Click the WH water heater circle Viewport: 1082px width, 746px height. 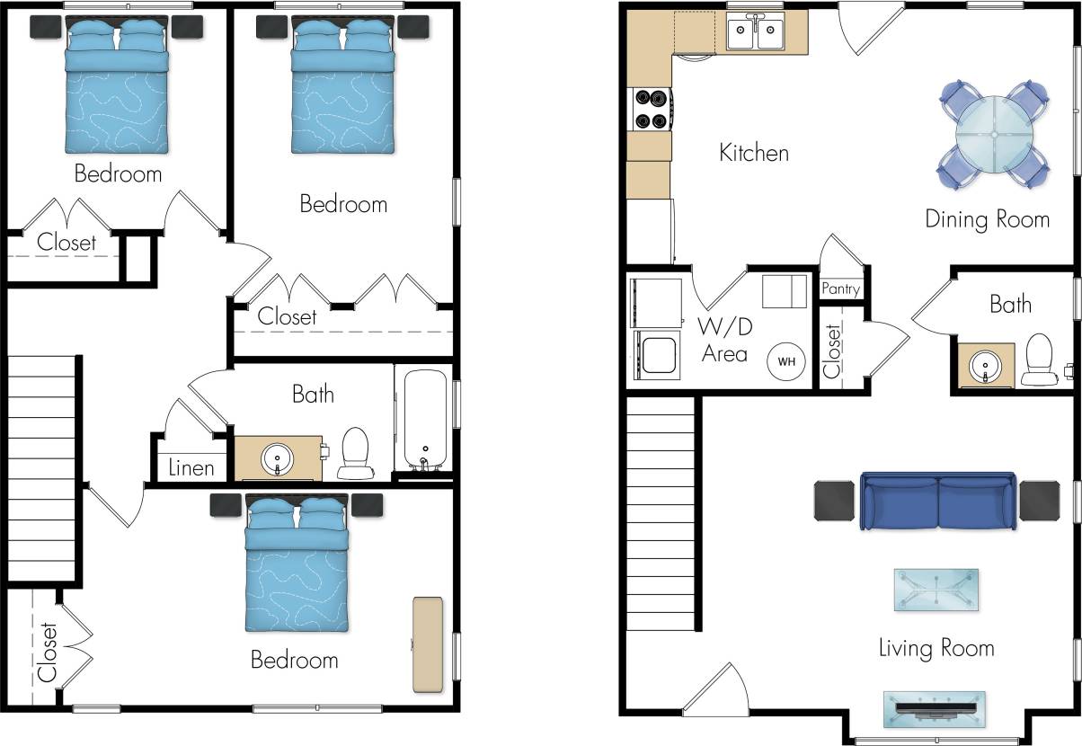coord(786,361)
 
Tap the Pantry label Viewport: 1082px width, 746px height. coord(841,289)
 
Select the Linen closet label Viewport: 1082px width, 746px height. coord(191,467)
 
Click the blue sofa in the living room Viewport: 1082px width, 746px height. coord(938,501)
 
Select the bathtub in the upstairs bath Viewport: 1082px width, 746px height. coord(425,420)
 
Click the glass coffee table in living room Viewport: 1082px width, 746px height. coord(936,591)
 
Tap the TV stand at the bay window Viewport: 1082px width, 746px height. coord(935,707)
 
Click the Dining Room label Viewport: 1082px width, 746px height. coord(987,219)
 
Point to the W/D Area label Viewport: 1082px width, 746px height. coord(724,339)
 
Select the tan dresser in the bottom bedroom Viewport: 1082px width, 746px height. coord(429,644)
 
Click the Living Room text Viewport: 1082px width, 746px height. coord(936,647)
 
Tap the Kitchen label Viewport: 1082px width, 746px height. coord(754,153)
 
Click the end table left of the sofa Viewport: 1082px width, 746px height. coord(834,501)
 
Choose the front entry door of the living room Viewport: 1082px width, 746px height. coord(714,688)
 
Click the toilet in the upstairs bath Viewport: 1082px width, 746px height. coord(356,452)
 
